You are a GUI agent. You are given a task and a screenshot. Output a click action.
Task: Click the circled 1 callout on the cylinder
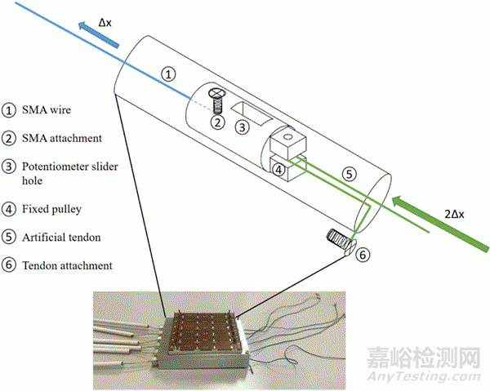pyautogui.click(x=168, y=73)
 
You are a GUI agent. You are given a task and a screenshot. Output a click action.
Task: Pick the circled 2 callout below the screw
pyautogui.click(x=217, y=122)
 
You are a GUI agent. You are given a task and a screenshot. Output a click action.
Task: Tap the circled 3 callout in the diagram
pyautogui.click(x=241, y=127)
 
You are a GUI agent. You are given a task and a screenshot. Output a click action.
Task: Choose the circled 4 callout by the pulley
pyautogui.click(x=279, y=170)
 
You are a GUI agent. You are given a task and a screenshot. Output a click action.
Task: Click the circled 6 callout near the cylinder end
pyautogui.click(x=365, y=254)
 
